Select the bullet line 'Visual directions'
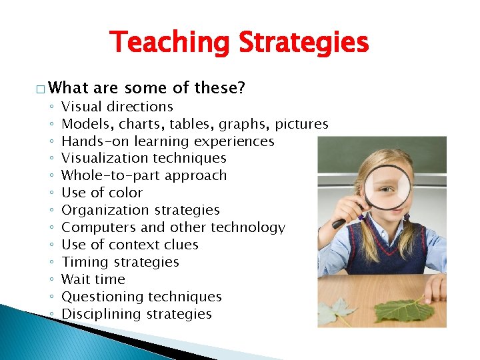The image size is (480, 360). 117,107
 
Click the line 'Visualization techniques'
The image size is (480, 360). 144,159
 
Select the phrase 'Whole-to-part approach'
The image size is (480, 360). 144,176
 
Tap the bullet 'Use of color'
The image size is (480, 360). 102,193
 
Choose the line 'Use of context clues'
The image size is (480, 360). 130,245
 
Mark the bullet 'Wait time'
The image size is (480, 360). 93,280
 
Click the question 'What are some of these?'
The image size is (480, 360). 146,88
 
